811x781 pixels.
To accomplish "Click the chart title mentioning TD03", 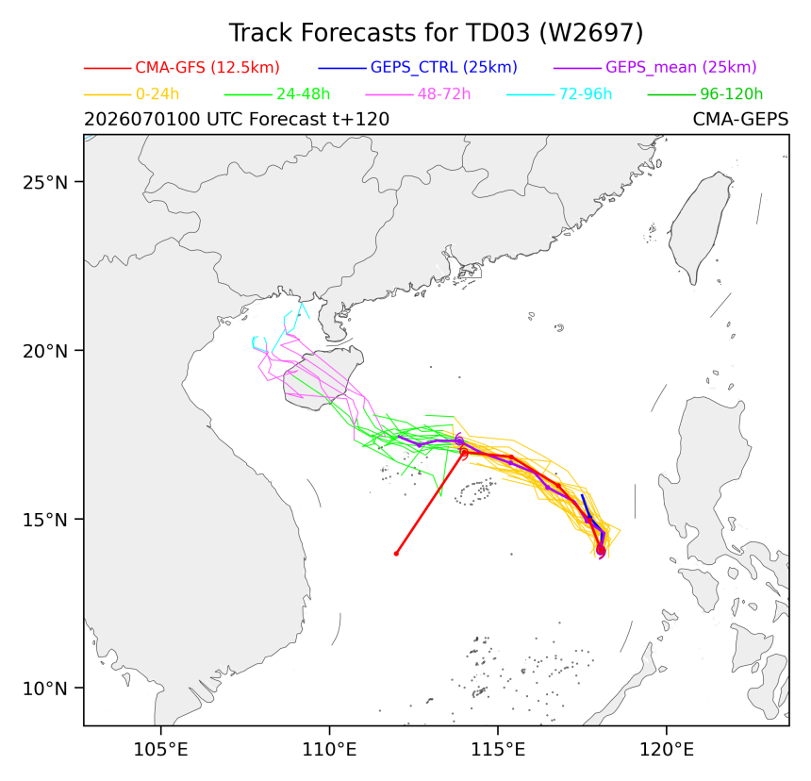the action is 436,33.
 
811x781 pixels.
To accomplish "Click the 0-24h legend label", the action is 157,94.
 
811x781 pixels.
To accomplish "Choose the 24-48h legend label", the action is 303,94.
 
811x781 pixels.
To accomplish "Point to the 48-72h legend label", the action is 444,94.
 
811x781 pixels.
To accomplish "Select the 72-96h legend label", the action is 586,94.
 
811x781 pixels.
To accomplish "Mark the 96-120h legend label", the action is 732,94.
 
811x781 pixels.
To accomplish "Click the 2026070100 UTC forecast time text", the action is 237,120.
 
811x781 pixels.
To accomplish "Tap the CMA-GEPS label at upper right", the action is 740,120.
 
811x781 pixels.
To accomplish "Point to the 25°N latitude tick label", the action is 45,182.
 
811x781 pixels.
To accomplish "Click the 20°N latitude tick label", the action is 45,351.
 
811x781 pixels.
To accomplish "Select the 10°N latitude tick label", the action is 45,689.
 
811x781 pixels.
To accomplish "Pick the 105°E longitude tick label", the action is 161,749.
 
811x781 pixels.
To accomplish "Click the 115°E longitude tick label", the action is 498,749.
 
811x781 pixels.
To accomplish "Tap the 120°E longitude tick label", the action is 667,749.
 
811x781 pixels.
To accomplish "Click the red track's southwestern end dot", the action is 396,554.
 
